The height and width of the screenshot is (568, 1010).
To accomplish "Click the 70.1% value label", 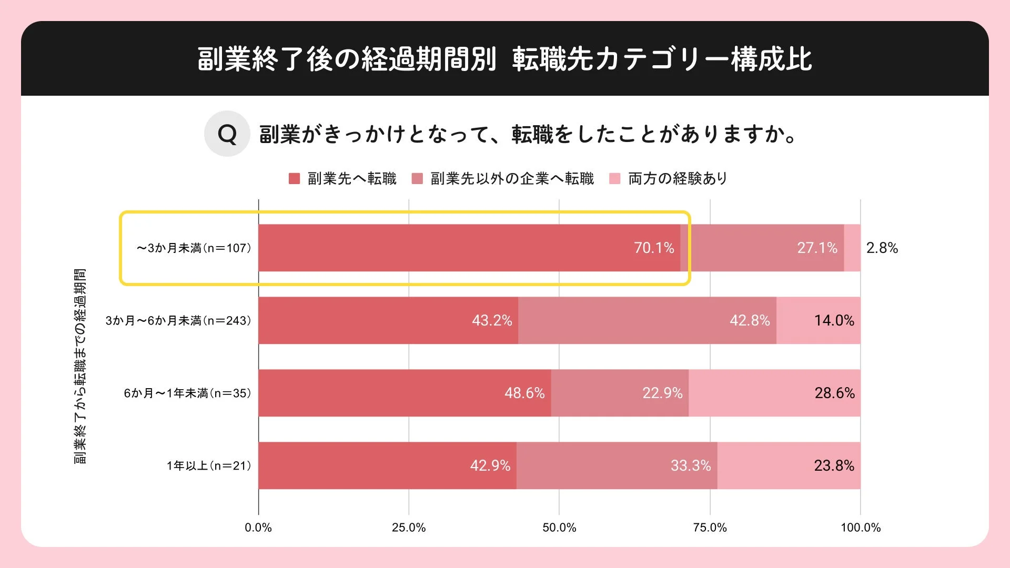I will click(x=654, y=248).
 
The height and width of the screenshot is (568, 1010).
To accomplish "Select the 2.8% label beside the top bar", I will click(x=882, y=248).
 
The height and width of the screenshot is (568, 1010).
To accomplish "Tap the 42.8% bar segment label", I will click(x=750, y=320).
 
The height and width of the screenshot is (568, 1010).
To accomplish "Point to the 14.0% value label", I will click(x=834, y=320).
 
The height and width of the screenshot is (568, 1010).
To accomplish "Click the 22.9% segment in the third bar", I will click(x=662, y=393).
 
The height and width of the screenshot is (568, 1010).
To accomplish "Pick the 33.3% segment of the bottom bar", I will click(x=690, y=465).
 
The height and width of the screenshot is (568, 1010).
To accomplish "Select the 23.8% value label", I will click(x=834, y=465).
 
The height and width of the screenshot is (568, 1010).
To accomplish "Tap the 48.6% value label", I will click(x=524, y=393).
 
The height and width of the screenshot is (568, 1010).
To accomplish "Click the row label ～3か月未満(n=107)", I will click(x=194, y=248).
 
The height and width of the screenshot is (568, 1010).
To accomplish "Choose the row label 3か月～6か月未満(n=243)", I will click(x=178, y=320).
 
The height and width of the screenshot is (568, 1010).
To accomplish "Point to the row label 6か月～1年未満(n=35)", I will click(x=187, y=393).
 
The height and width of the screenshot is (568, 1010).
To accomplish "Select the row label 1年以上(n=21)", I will click(x=209, y=465).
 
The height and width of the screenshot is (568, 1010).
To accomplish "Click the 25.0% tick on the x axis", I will click(x=409, y=528).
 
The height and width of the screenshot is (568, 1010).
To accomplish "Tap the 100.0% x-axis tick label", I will click(x=860, y=528).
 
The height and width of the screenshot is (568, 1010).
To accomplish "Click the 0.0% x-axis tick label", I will click(x=258, y=528).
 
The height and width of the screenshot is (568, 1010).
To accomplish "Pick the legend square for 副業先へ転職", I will click(x=294, y=179).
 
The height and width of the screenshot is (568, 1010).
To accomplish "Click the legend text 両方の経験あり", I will click(x=678, y=179).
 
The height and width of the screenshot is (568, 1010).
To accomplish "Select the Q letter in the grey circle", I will click(x=227, y=134).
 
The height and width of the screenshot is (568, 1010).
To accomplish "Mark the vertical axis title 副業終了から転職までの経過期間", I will click(x=80, y=366).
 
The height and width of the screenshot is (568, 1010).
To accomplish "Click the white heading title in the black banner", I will click(x=504, y=59).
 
